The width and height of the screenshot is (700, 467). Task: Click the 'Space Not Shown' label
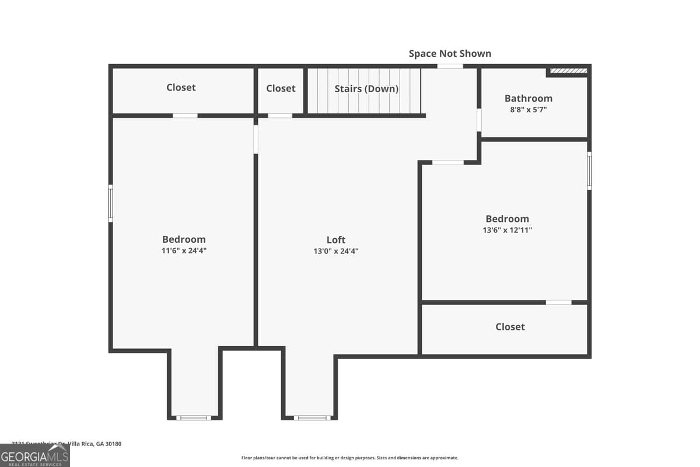[450, 54]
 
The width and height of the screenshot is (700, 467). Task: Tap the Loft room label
[335, 239]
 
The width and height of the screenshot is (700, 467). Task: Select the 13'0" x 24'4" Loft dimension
[335, 251]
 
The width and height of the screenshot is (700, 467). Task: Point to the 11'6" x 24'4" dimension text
[184, 251]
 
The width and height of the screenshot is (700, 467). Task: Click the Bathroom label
[528, 98]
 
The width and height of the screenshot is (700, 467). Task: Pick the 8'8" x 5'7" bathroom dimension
[528, 109]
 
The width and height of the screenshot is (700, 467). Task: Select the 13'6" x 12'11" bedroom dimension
[507, 230]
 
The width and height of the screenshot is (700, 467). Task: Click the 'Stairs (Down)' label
[366, 89]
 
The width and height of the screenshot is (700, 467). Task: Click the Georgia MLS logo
[34, 455]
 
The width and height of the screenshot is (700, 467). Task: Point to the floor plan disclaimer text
[350, 458]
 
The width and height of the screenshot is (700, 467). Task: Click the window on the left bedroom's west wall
[110, 203]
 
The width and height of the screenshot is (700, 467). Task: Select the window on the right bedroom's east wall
[589, 170]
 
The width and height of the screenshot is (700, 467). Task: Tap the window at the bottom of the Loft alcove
[312, 417]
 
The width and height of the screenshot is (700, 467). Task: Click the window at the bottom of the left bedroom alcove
[193, 417]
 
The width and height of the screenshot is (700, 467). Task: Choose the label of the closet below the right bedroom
[510, 327]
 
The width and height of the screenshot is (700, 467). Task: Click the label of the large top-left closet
[181, 88]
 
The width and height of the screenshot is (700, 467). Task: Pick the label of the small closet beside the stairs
[281, 89]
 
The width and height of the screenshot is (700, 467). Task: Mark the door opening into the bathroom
[479, 120]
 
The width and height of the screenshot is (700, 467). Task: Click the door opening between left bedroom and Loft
[256, 139]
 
